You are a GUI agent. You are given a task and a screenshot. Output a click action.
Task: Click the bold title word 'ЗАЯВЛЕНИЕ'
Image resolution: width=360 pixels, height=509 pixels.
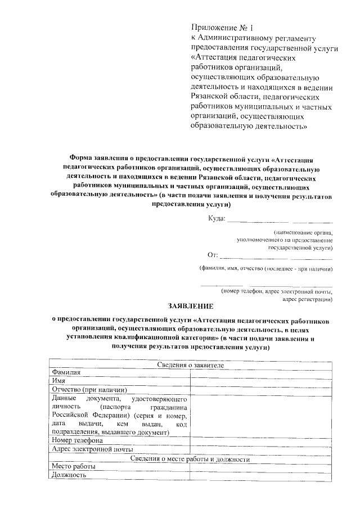point(191,307)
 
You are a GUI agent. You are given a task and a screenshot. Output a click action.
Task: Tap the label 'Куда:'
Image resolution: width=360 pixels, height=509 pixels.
point(216,218)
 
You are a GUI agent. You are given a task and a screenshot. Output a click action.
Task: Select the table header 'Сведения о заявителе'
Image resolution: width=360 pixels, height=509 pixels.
point(190,365)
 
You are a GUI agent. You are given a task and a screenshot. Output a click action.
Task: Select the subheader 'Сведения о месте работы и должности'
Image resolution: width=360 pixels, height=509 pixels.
point(190,458)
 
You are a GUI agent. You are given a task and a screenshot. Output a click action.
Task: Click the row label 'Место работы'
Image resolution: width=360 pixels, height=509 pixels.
point(73,467)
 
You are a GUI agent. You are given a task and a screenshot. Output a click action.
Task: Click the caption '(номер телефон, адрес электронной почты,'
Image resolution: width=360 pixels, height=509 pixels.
point(276,291)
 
